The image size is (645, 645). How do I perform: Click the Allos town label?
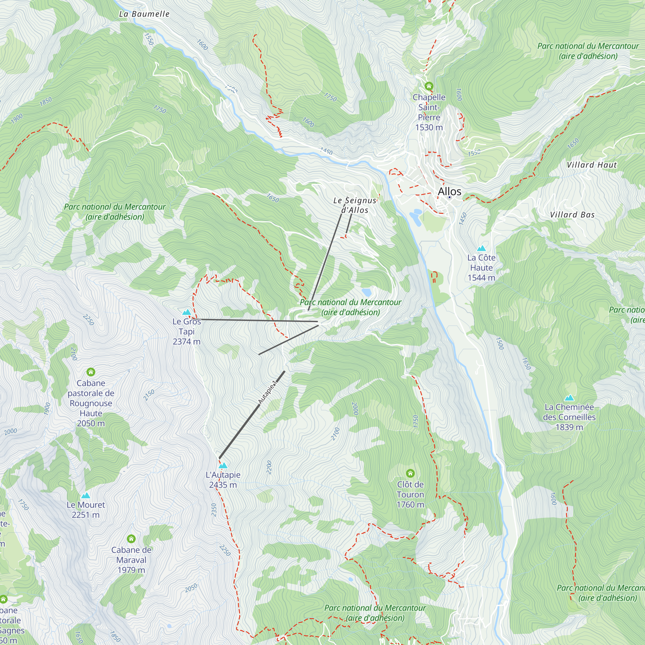449,191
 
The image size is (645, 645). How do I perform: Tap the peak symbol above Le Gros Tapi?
187,312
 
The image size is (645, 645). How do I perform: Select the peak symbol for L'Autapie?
223,465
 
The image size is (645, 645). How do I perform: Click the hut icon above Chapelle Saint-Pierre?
429,86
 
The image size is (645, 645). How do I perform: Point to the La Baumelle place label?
144,14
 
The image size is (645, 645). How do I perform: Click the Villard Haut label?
591,165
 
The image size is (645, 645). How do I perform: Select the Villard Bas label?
572,215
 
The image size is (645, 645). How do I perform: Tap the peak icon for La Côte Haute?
481,248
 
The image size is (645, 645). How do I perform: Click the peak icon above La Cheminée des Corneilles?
569,398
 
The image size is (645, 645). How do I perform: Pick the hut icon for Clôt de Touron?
410,473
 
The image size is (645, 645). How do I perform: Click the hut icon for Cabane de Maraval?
131,539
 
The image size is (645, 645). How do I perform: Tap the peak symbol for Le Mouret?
85,495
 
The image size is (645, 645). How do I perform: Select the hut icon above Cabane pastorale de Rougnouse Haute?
91,372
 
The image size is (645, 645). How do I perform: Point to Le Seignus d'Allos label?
354,205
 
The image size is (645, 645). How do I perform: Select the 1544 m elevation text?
481,277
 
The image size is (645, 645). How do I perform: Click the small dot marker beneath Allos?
449,197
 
